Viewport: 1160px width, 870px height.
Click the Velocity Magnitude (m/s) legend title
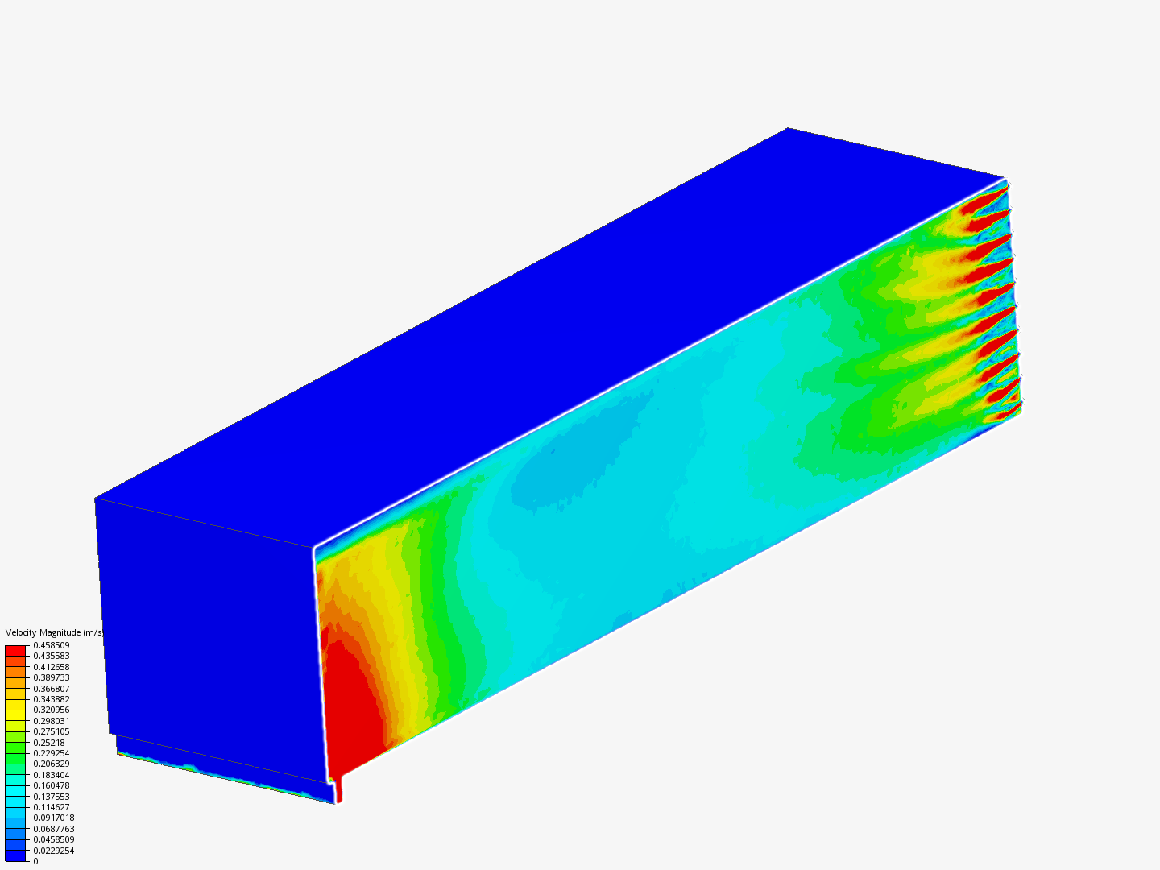click(55, 632)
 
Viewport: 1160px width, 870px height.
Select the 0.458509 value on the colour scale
click(52, 645)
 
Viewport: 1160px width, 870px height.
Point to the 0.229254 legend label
click(52, 753)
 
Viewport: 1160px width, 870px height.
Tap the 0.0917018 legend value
click(54, 818)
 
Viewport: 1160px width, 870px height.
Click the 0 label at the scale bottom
click(35, 861)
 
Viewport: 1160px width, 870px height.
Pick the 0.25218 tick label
click(49, 743)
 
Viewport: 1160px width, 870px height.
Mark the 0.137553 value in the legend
click(52, 797)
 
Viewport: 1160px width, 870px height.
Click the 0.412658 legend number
click(52, 667)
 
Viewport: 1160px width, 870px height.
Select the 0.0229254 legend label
click(54, 851)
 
